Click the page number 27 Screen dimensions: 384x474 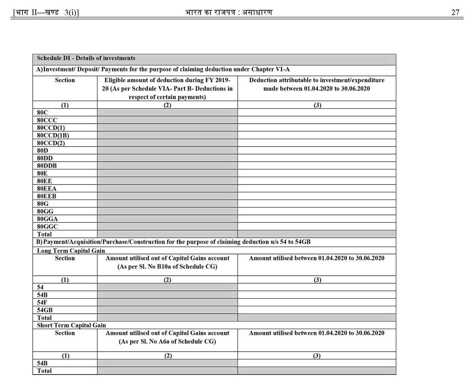(x=455, y=12)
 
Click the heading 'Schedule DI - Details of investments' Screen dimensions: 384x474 (x=86, y=58)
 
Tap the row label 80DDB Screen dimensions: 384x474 (x=47, y=166)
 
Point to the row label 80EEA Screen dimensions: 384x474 (x=47, y=188)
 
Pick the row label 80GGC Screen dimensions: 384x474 (x=47, y=226)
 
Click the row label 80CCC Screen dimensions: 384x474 (x=47, y=120)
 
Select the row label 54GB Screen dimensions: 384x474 (x=45, y=310)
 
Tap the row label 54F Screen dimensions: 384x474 (x=42, y=302)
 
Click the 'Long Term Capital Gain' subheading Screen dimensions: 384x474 (x=71, y=250)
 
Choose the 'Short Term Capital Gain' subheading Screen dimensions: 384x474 (x=71, y=325)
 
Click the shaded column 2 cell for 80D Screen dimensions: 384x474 (x=167, y=150)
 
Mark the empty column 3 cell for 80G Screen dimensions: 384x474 (x=316, y=203)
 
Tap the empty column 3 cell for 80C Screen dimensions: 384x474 (x=316, y=112)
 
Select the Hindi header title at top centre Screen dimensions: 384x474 (x=229, y=12)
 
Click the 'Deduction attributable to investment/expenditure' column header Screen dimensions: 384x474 (x=316, y=80)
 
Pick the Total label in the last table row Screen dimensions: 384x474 (x=44, y=371)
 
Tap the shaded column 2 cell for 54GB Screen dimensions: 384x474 (x=167, y=310)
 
